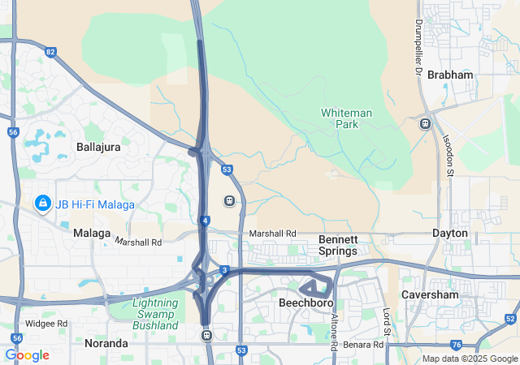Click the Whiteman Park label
(x=347, y=119)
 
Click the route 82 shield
(x=51, y=53)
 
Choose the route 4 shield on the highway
(x=206, y=220)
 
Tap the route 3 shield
(x=223, y=270)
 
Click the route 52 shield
(x=509, y=319)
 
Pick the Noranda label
(x=106, y=343)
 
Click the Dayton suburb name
(x=450, y=233)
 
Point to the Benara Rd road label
(x=363, y=345)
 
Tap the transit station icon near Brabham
(x=425, y=123)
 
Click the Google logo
(x=27, y=355)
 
